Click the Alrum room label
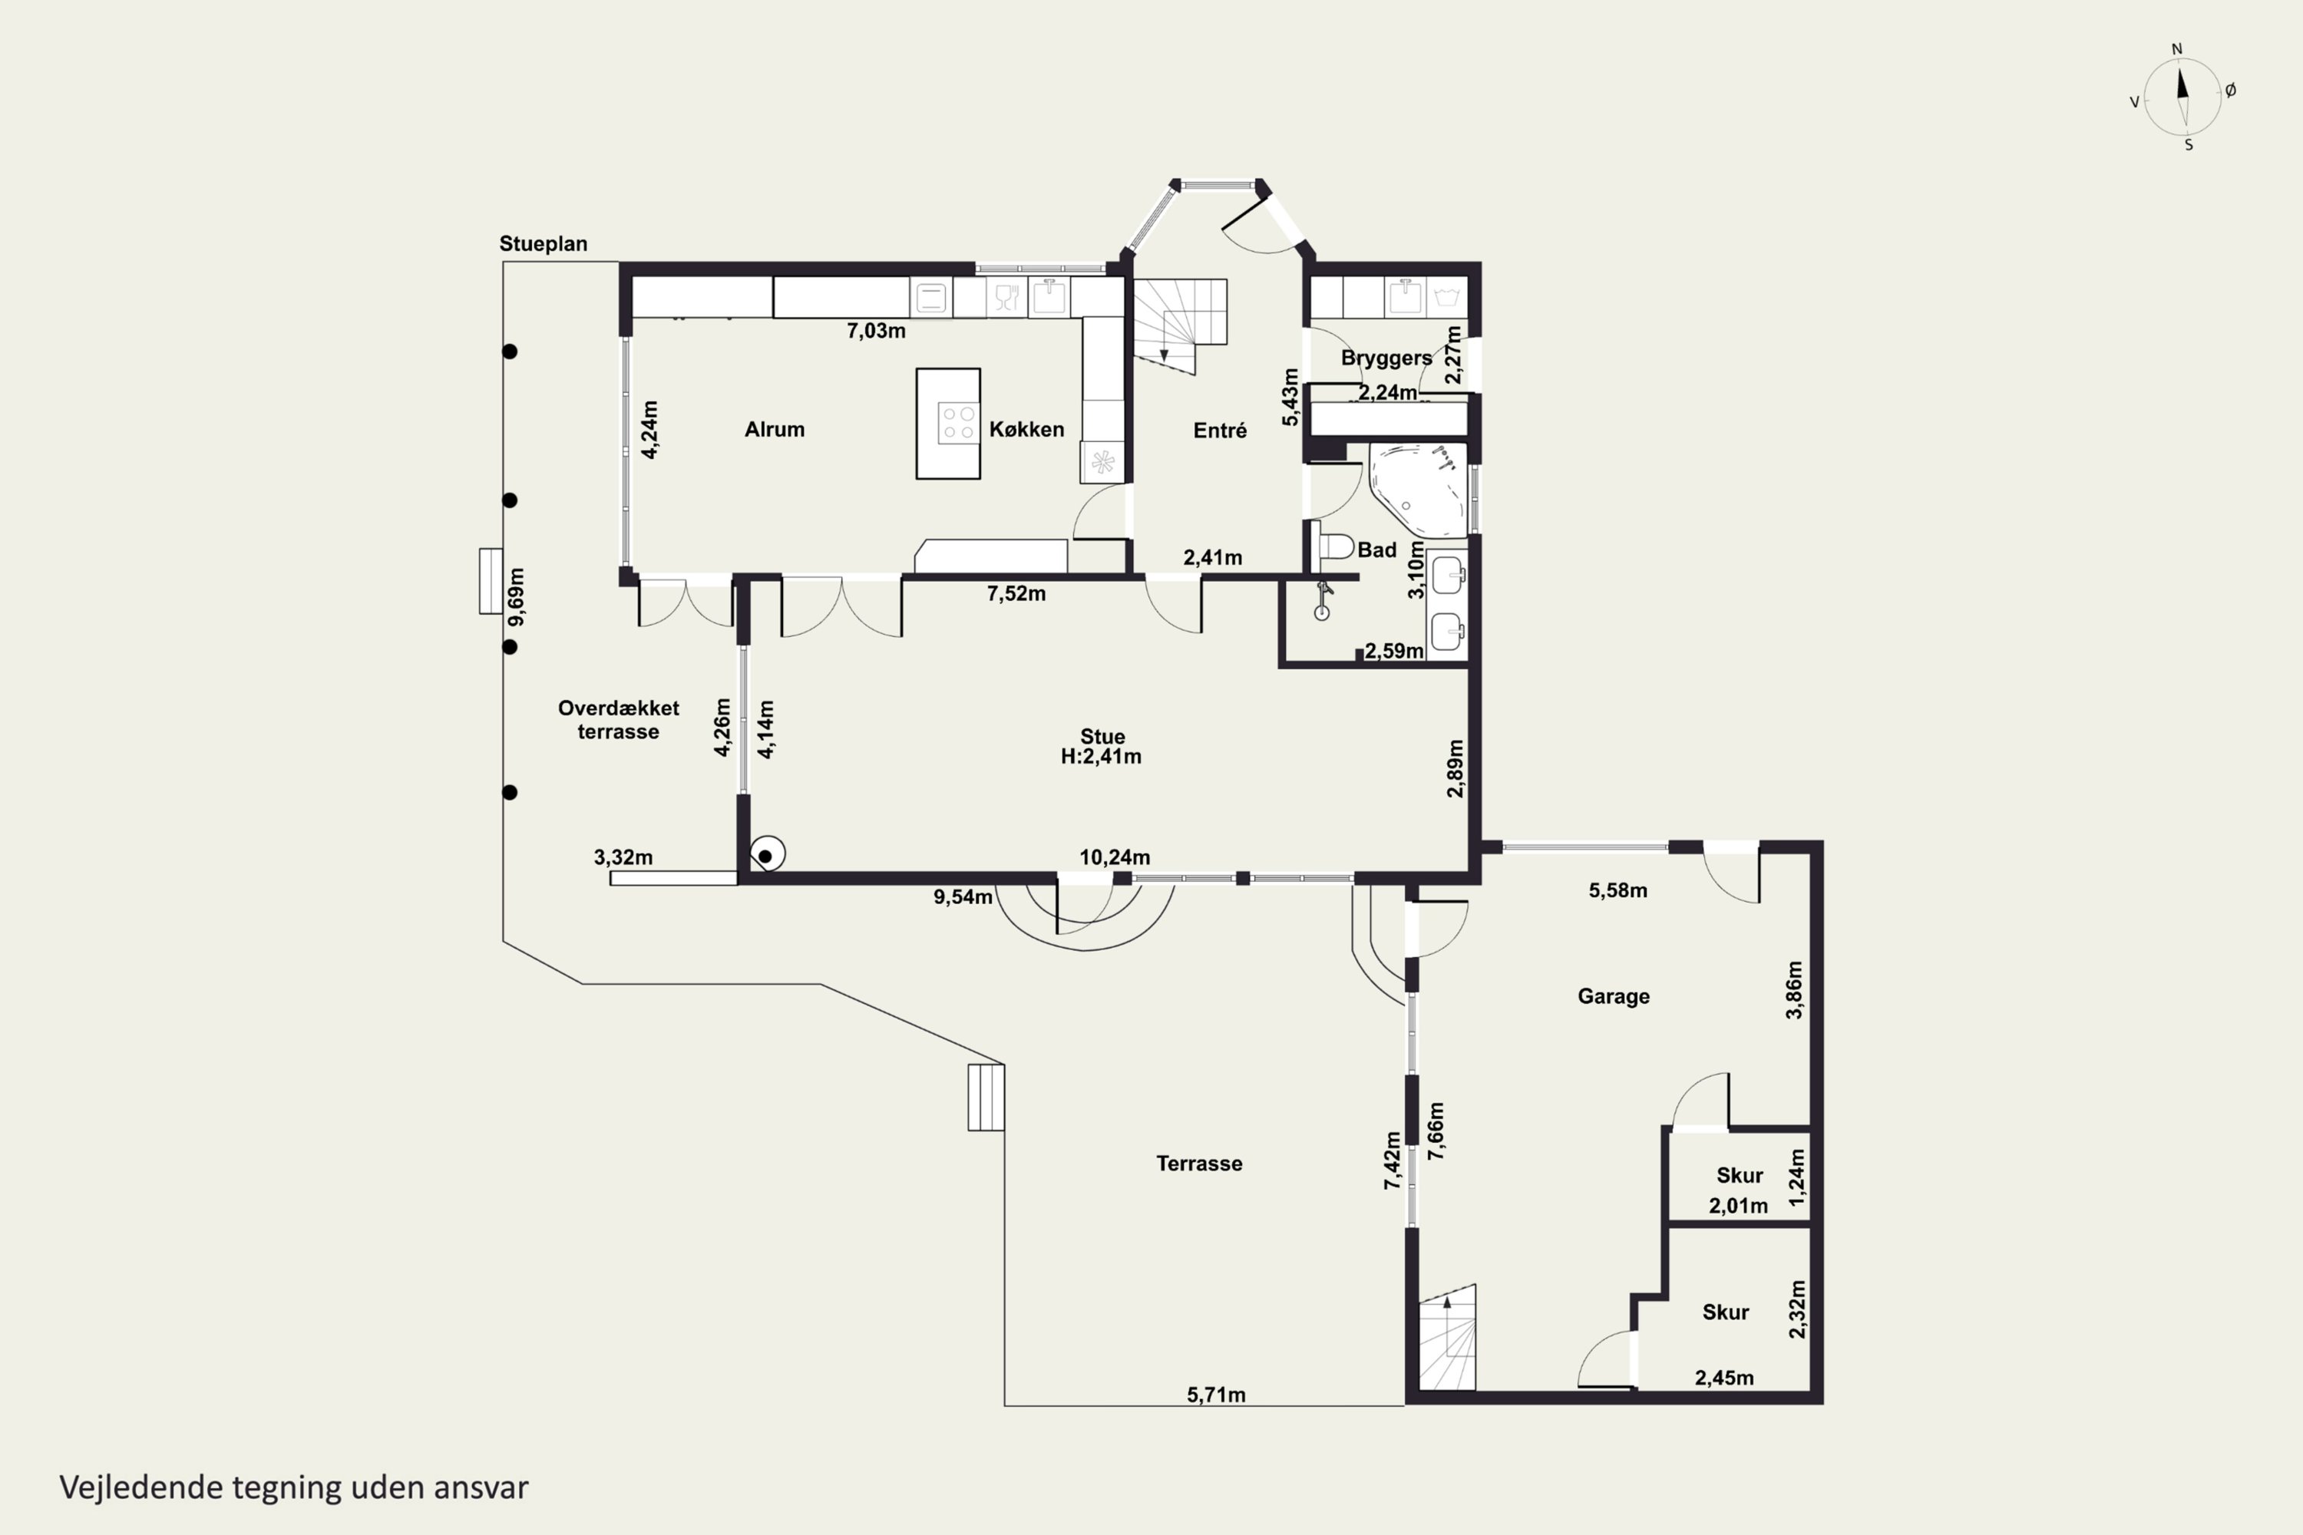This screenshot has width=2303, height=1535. click(775, 429)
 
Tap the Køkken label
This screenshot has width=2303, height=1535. click(1026, 429)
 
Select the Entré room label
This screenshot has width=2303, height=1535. click(1220, 430)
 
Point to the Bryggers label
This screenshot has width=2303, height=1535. click(1386, 358)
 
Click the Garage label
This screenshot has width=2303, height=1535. click(1614, 996)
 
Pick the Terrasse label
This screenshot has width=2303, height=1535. click(1199, 1163)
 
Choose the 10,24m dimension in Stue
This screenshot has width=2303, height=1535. click(1115, 857)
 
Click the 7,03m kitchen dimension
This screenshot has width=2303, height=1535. click(877, 331)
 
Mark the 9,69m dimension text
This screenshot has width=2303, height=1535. click(517, 596)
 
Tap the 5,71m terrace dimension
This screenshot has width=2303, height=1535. click(1216, 1395)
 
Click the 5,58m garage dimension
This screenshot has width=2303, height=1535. click(1617, 891)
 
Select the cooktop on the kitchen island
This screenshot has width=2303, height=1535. click(957, 423)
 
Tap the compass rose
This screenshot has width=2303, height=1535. click(2182, 96)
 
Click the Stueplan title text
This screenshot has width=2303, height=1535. click(544, 244)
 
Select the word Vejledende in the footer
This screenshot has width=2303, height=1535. click(141, 1487)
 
